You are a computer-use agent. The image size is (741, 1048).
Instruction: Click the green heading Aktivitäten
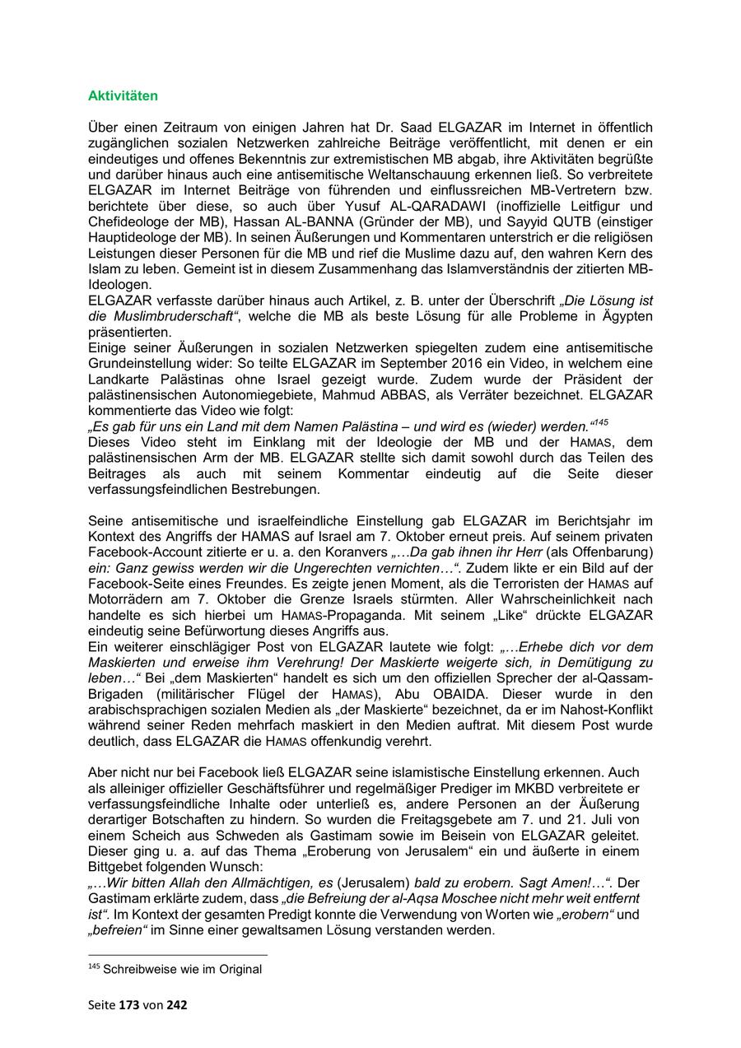coord(123,95)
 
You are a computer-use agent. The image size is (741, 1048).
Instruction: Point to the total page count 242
coord(179,1005)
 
